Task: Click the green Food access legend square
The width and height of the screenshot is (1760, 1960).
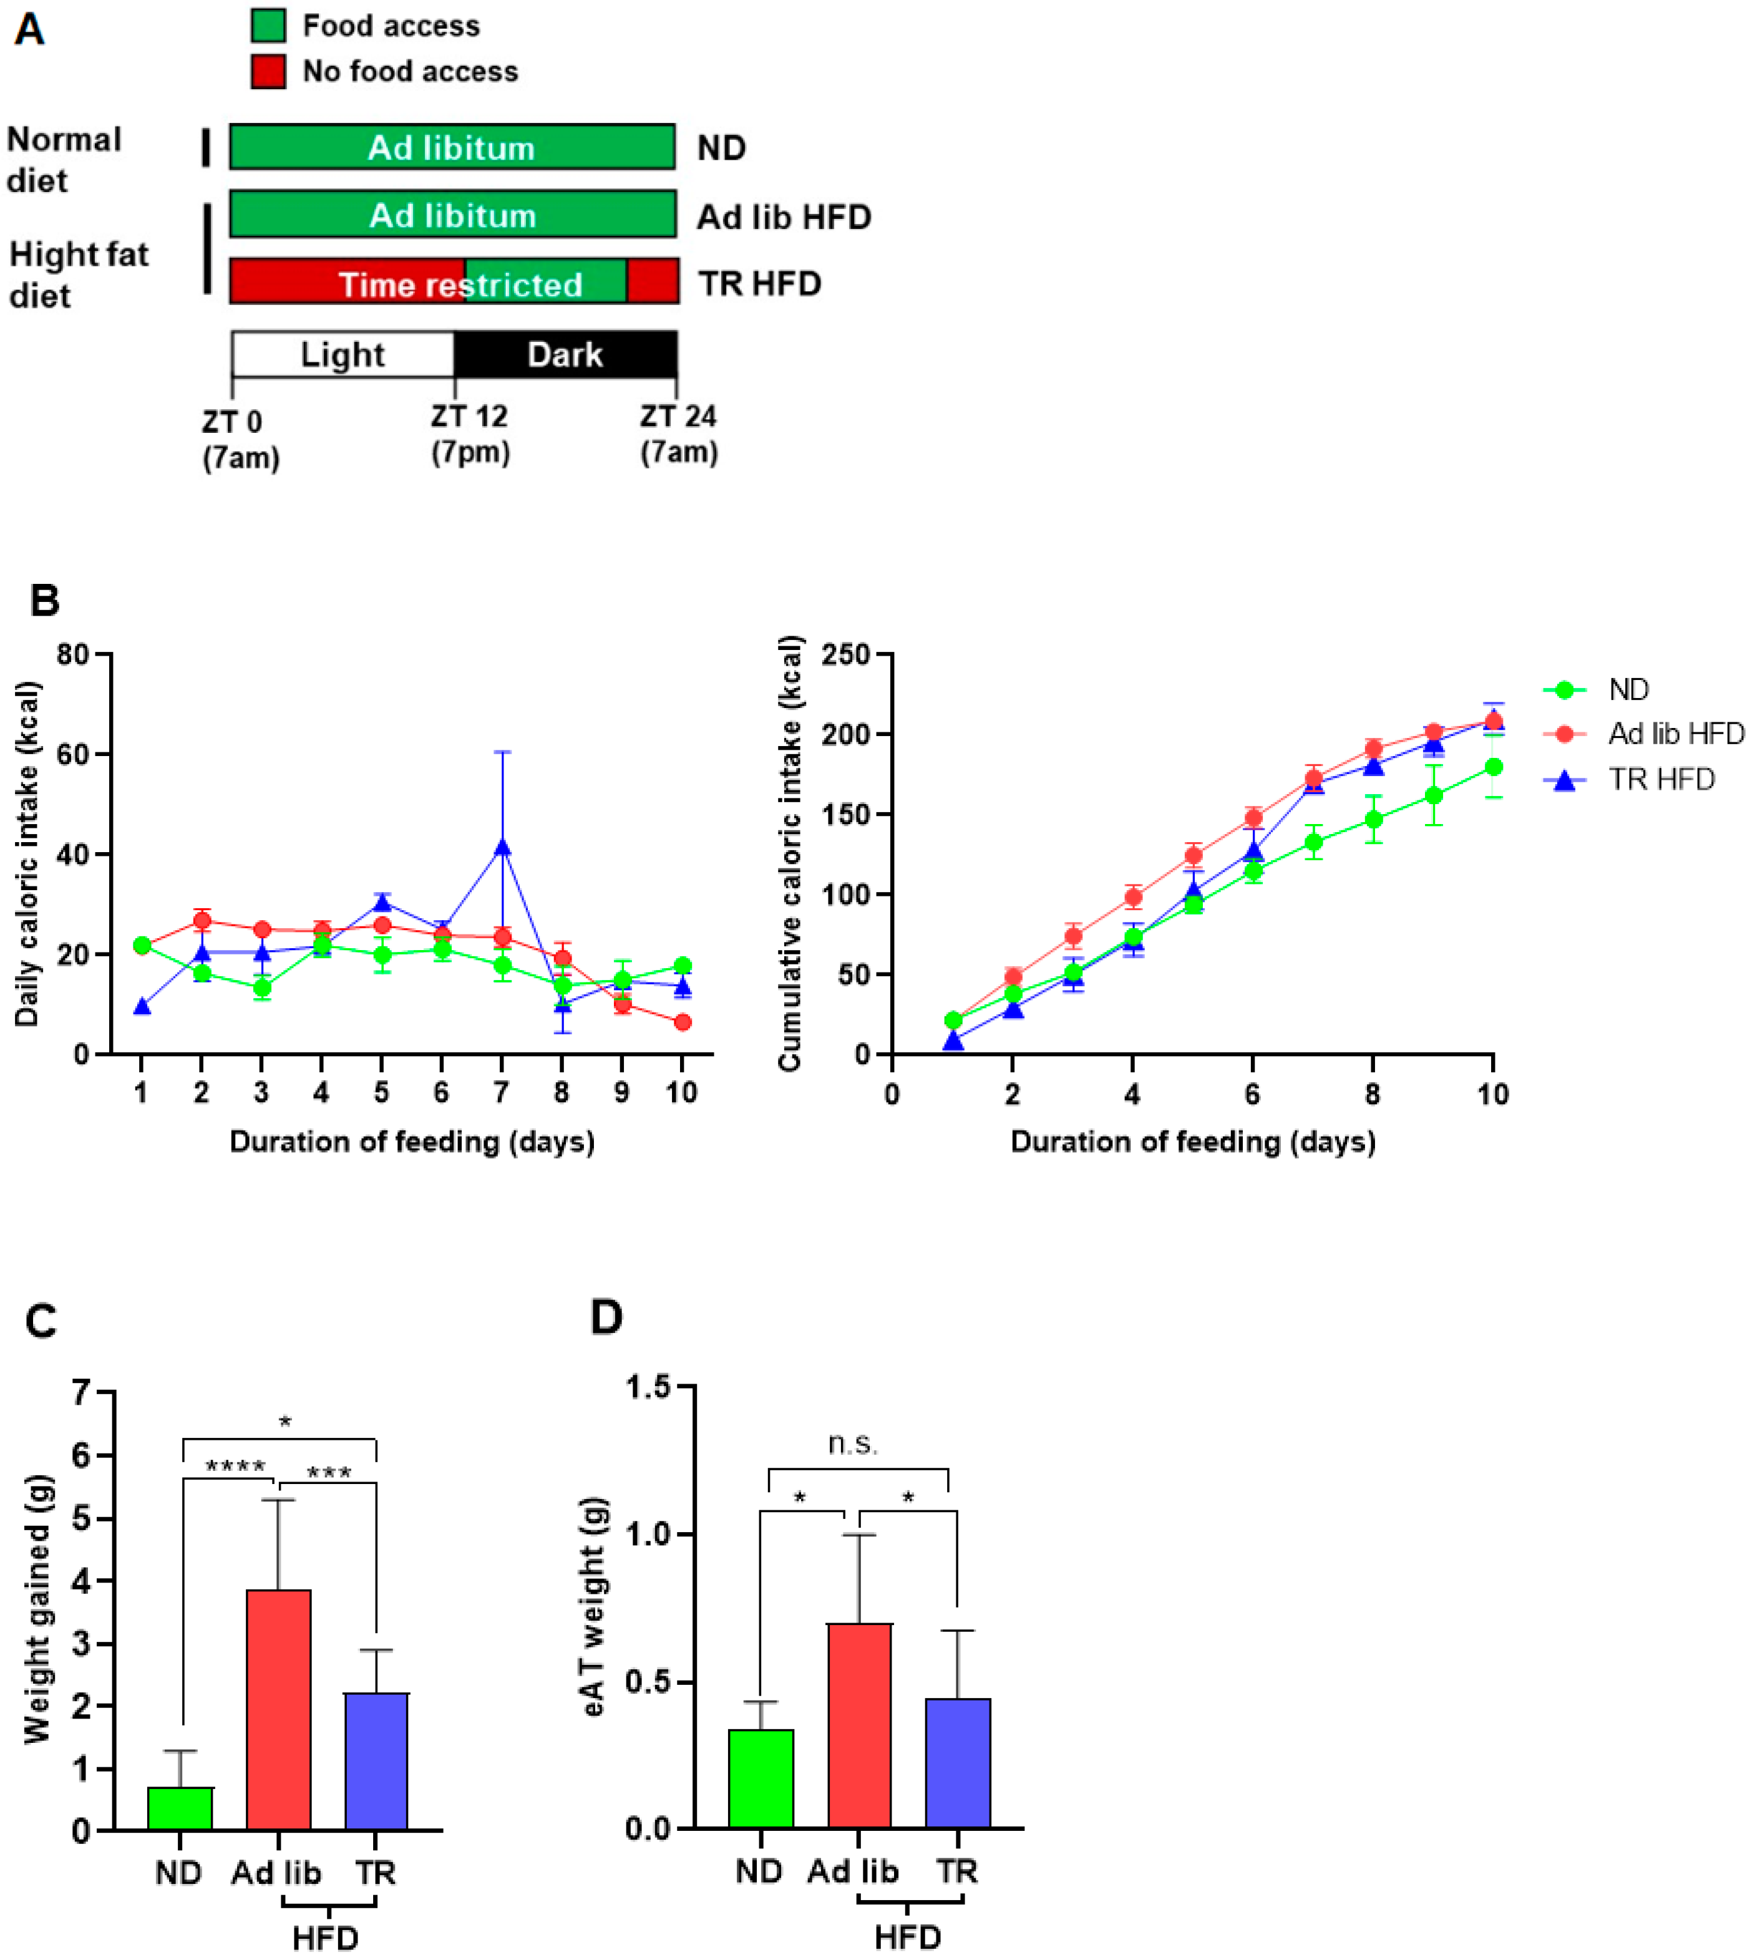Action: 268,25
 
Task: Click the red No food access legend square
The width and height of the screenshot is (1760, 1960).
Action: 268,70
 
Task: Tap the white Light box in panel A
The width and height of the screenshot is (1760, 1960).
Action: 343,354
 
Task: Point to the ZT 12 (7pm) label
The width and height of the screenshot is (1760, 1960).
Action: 470,434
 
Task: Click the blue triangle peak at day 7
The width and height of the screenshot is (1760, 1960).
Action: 502,848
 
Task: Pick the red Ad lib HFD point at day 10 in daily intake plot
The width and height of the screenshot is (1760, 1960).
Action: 683,1022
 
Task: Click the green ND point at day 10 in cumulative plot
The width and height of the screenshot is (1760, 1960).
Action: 1493,767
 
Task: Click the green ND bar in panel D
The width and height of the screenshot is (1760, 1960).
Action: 761,1778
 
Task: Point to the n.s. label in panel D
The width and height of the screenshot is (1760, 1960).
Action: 853,1443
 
